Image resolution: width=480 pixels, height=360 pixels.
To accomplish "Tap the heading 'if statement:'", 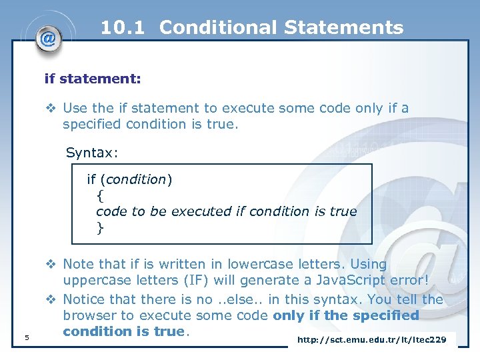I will (92, 79).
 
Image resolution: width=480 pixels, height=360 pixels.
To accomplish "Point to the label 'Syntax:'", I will (92, 153).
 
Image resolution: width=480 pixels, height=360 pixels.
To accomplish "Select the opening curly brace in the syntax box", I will (100, 195).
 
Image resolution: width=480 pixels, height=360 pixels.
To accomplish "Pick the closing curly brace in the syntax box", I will (100, 228).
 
